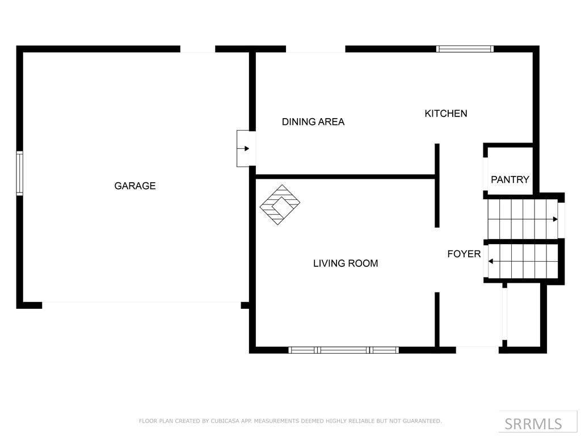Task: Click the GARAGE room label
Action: [x=135, y=186]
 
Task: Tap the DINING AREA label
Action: [x=313, y=121]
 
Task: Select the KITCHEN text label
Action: [x=446, y=114]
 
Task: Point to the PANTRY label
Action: [x=510, y=179]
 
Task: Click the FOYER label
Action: [x=464, y=254]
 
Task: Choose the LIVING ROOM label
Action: [x=346, y=263]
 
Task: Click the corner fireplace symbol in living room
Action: [x=280, y=204]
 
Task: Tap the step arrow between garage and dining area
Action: [x=246, y=149]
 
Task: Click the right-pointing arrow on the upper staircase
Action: [x=554, y=219]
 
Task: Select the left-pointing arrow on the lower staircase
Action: [x=491, y=261]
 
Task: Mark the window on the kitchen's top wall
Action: [x=465, y=49]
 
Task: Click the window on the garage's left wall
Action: [x=19, y=173]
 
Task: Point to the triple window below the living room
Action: [x=343, y=350]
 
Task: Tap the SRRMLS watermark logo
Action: [x=533, y=424]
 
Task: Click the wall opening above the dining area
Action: [x=315, y=49]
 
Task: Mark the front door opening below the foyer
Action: [x=477, y=349]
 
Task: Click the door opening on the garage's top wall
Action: [x=197, y=49]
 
